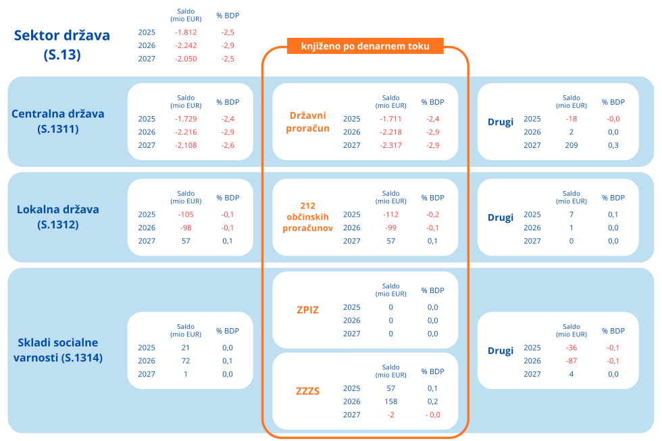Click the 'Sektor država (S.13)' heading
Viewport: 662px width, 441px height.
click(62, 45)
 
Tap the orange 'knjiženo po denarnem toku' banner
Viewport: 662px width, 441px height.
click(365, 46)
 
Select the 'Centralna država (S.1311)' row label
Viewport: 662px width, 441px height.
click(58, 121)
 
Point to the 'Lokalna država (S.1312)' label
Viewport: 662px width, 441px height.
click(58, 217)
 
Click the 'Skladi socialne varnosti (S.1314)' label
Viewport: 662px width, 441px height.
click(58, 350)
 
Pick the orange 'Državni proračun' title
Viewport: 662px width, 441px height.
click(308, 122)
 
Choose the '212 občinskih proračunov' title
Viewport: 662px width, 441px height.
click(308, 217)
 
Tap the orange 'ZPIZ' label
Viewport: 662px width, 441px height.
click(308, 310)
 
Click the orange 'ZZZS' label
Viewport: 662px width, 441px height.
click(308, 391)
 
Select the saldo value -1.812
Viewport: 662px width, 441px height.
click(186, 32)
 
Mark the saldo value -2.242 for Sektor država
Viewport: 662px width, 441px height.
click(186, 45)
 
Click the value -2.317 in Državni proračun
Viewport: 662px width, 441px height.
click(391, 145)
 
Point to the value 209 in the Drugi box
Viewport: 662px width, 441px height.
click(571, 145)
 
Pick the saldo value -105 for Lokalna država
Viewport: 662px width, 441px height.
click(186, 215)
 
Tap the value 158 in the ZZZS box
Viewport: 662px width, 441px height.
click(391, 402)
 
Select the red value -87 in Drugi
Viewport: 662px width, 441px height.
click(571, 361)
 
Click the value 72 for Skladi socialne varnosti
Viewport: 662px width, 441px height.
click(186, 361)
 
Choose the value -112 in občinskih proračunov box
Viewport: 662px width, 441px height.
click(391, 215)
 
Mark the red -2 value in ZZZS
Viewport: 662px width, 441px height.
click(391, 415)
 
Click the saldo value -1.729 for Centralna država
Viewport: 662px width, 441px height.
click(186, 119)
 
